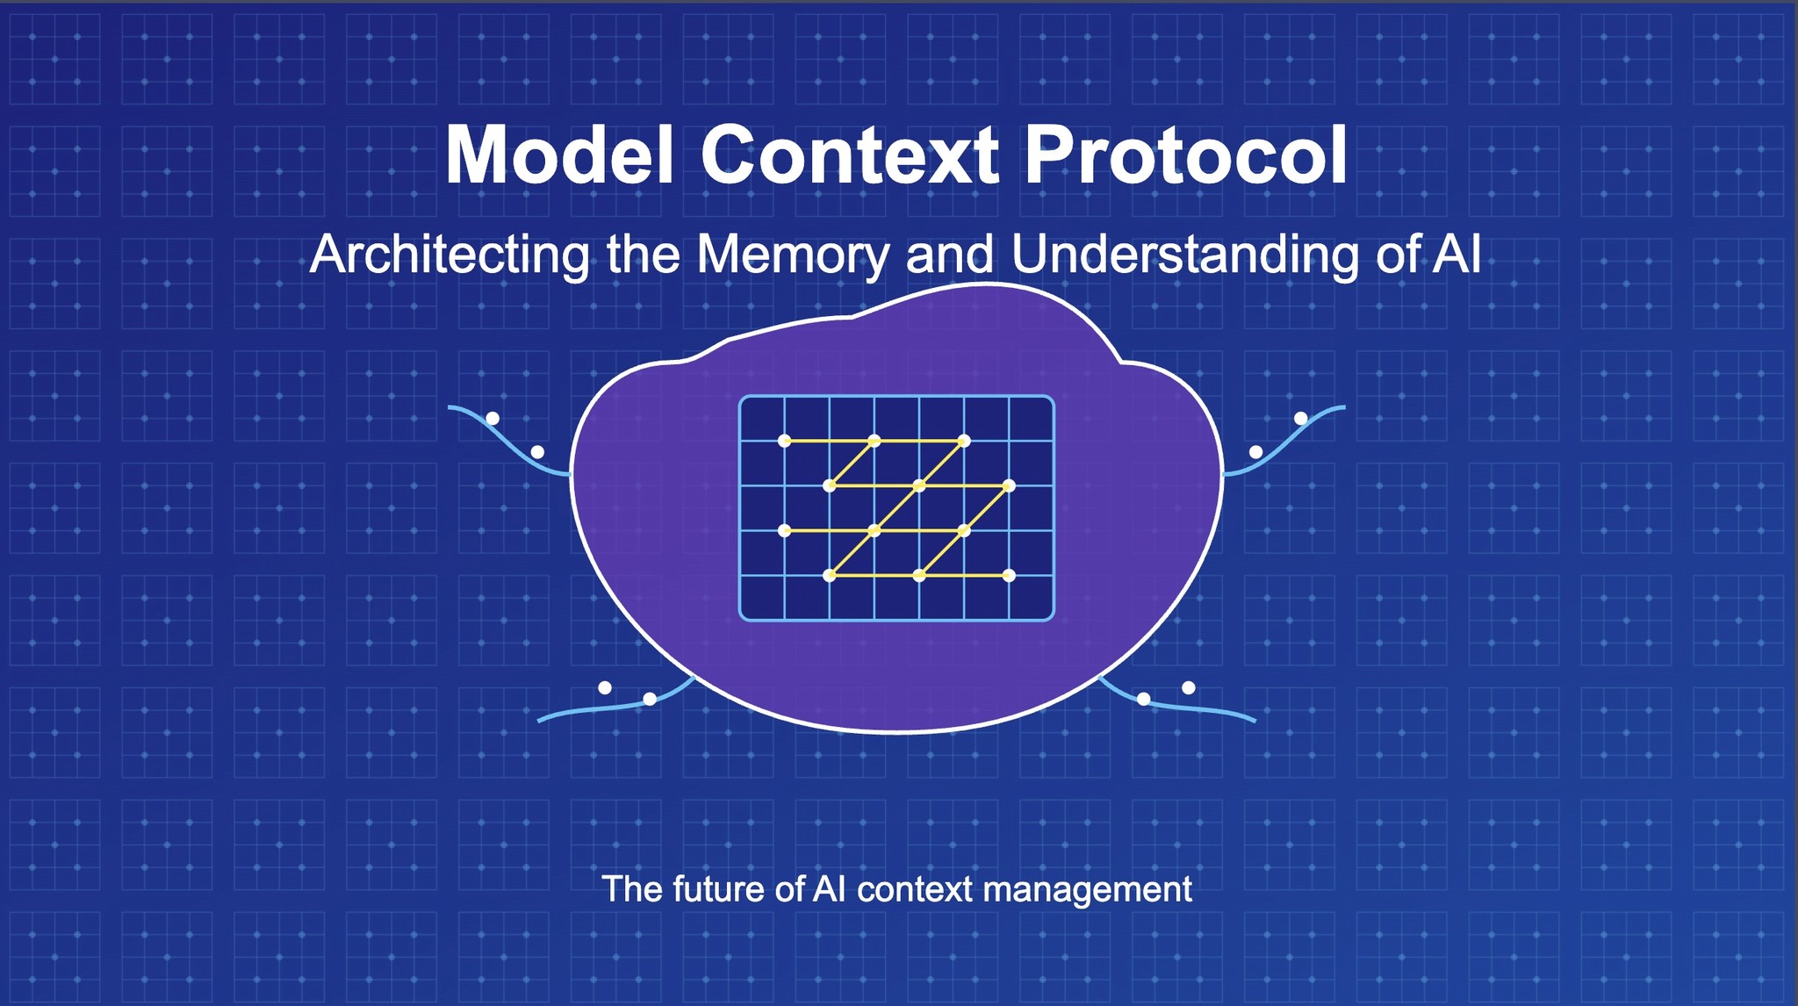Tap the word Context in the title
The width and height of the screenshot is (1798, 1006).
(849, 155)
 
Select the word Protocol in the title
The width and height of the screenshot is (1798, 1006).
(1185, 155)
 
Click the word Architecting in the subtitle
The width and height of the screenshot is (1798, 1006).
(449, 255)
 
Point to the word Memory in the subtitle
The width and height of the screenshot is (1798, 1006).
(792, 255)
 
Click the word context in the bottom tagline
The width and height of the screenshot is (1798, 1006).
(915, 889)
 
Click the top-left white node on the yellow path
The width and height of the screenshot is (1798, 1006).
(785, 441)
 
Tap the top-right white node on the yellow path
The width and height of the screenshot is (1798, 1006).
(964, 441)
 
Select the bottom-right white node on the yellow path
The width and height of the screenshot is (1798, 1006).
(1009, 576)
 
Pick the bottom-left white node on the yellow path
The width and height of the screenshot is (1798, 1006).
(830, 576)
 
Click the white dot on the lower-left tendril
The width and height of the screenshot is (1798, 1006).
(650, 699)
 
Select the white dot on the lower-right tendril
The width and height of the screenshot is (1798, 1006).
(1143, 699)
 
